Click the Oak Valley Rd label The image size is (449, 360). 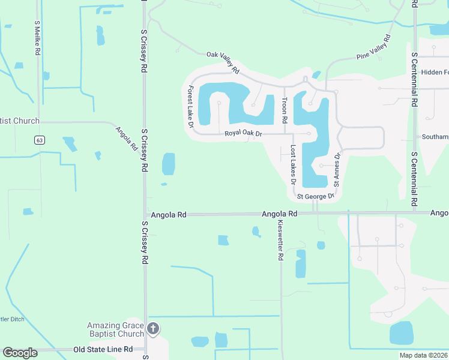(223, 62)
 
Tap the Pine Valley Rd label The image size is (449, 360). (373, 47)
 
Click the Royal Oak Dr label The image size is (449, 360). (244, 134)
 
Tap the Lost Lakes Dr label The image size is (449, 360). (294, 164)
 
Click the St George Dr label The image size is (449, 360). (316, 196)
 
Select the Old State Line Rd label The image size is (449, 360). (103, 349)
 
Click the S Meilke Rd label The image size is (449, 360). (37, 39)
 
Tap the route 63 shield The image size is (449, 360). (39, 140)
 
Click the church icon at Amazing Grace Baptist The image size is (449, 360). (153, 328)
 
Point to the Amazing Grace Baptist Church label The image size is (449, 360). (115, 329)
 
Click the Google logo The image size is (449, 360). (20, 353)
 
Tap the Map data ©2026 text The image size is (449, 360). (423, 355)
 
